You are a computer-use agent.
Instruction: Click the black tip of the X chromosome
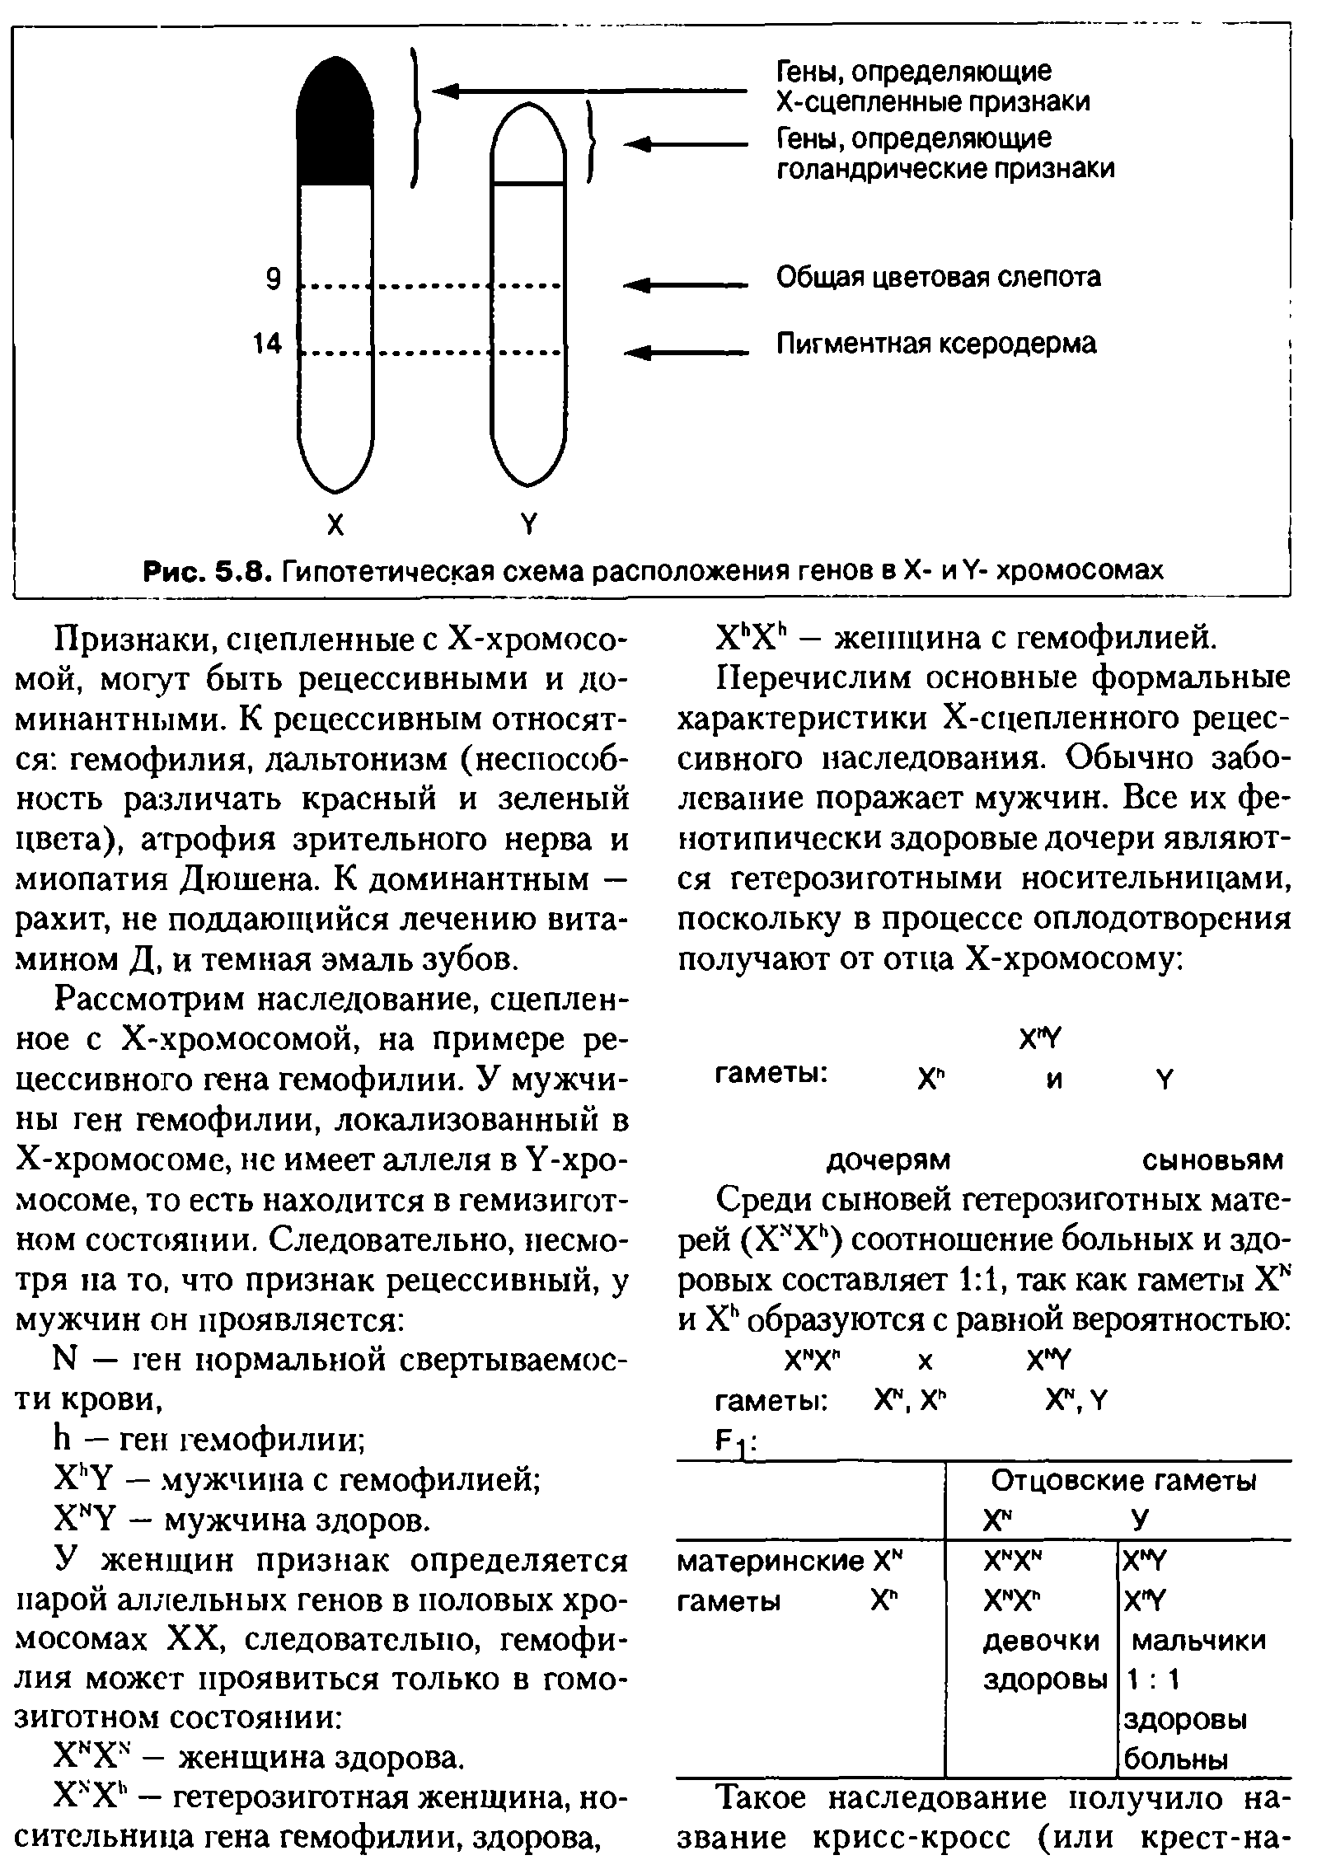pyautogui.click(x=335, y=124)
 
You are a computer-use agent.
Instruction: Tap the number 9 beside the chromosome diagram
pyautogui.click(x=273, y=280)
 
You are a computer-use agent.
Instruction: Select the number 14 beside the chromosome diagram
pyautogui.click(x=268, y=344)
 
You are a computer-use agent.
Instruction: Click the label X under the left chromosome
pyautogui.click(x=335, y=525)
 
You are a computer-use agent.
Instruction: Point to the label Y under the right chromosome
pyautogui.click(x=527, y=525)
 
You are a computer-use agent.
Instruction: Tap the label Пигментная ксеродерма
pyautogui.click(x=936, y=343)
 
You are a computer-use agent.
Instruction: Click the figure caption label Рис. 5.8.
pyautogui.click(x=205, y=570)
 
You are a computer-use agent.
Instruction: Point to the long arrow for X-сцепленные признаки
pyautogui.click(x=589, y=91)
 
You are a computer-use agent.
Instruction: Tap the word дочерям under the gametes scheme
pyautogui.click(x=888, y=1160)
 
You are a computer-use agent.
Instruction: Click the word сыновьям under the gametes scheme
pyautogui.click(x=1212, y=1160)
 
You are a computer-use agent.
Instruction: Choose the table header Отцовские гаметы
pyautogui.click(x=1123, y=1481)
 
